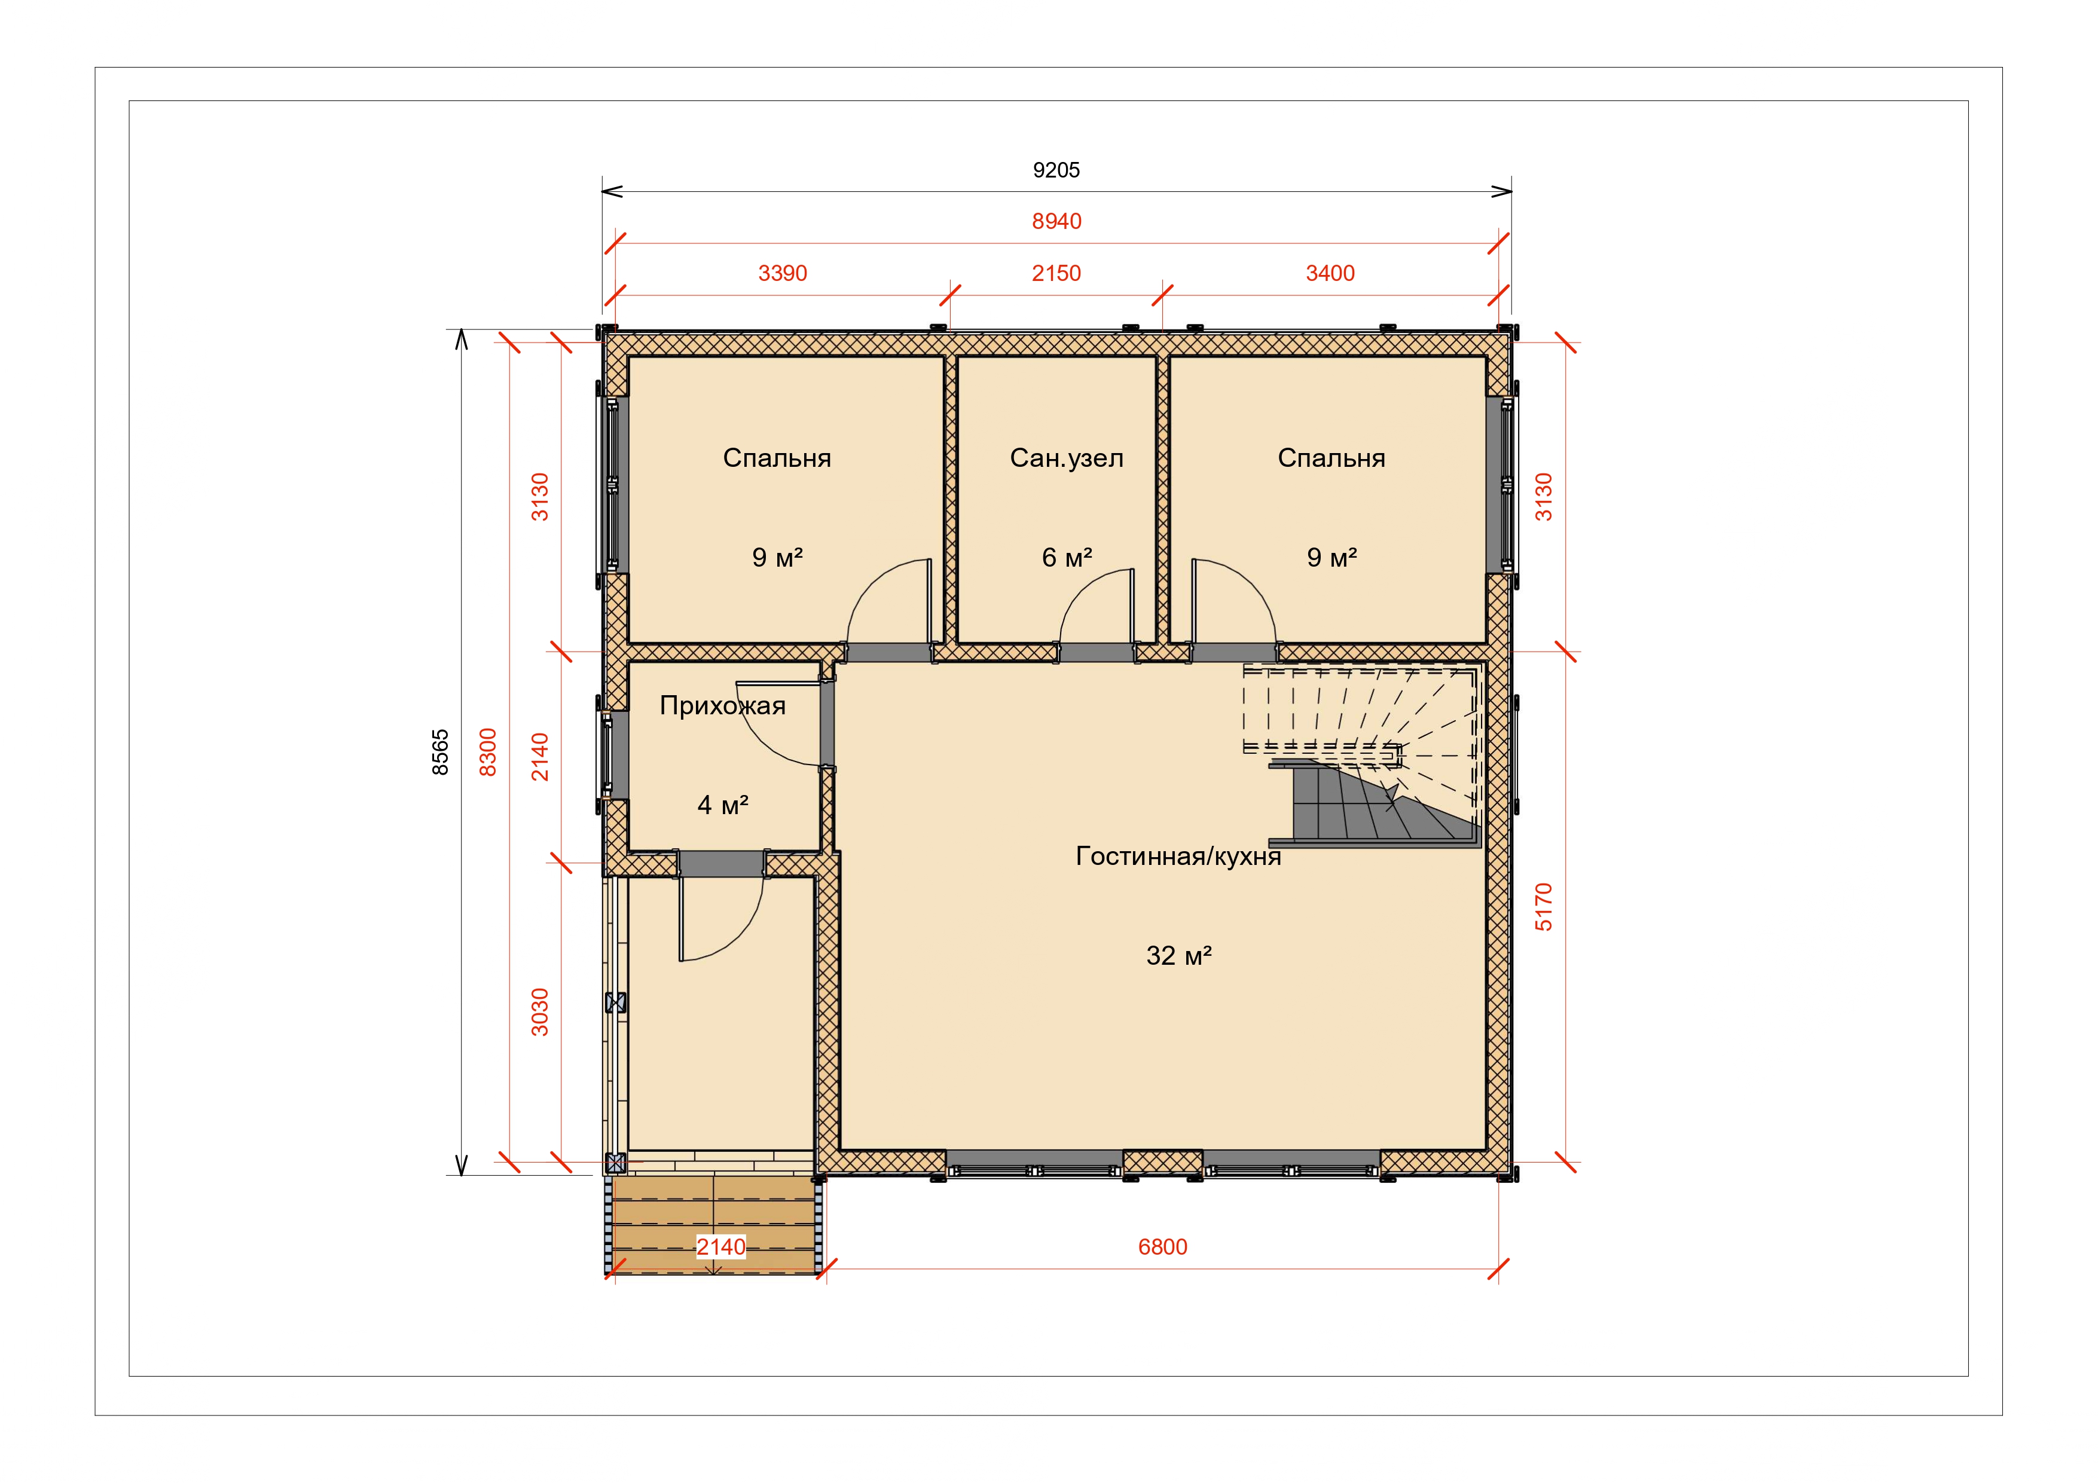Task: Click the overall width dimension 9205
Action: pos(1056,170)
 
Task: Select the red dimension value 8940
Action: pos(1056,221)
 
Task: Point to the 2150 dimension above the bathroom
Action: pos(1056,273)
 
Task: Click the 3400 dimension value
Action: pos(1330,273)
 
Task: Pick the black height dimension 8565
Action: pos(441,752)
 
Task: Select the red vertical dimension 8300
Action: pos(489,752)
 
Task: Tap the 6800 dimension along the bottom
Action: pos(1162,1247)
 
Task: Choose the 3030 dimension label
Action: pos(540,1011)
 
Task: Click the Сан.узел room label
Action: pos(1067,458)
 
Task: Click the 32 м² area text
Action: pos(1179,956)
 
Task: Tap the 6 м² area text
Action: pos(1067,557)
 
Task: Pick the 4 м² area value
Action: pos(723,805)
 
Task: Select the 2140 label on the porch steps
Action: pos(721,1247)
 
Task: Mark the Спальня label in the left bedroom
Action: pos(777,458)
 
